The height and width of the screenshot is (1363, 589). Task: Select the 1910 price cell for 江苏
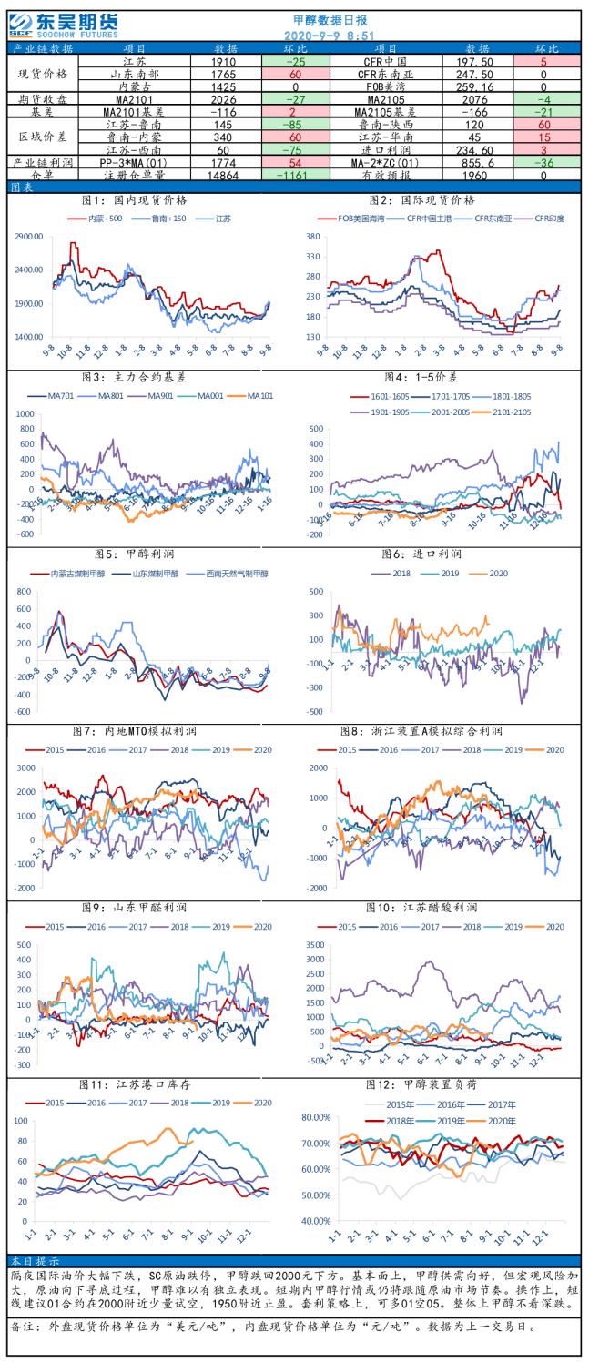pos(225,60)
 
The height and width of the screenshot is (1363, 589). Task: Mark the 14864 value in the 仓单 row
pos(224,175)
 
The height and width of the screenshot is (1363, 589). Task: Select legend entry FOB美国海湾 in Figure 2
pos(355,219)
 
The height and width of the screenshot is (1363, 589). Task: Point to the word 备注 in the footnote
pos(25,1327)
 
